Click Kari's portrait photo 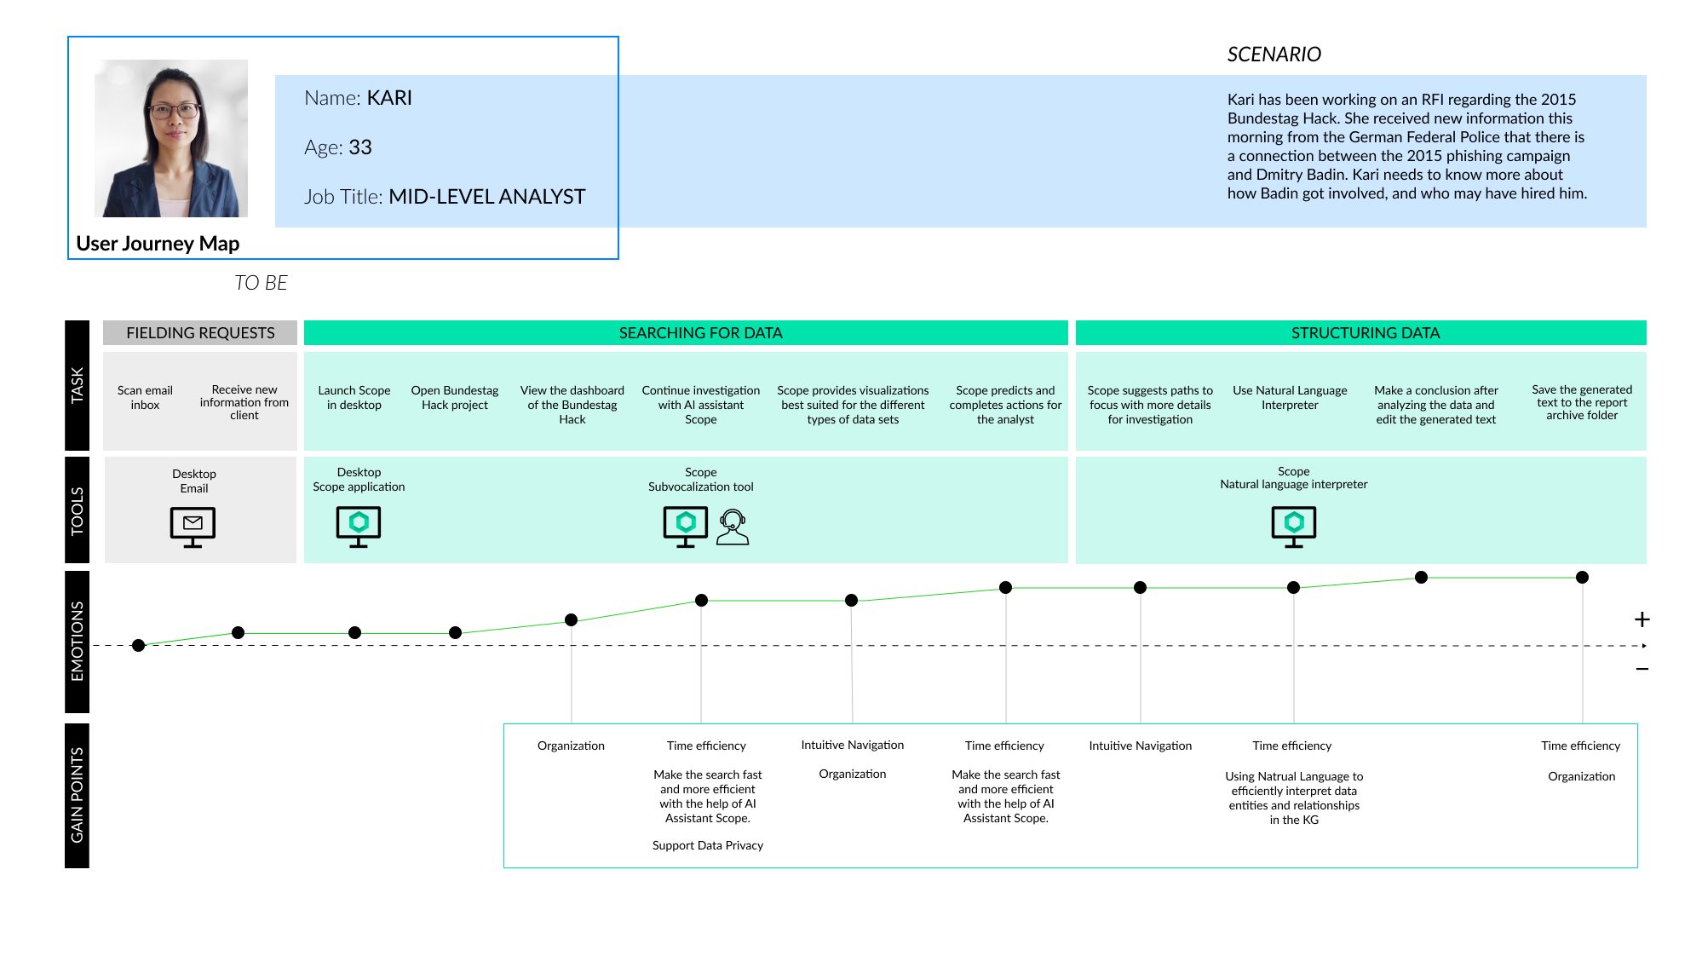coord(171,138)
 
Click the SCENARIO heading coord(1274,55)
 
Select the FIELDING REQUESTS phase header coord(200,333)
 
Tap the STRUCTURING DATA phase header coord(1365,333)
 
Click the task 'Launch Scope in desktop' coord(354,398)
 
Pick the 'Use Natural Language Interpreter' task coord(1290,398)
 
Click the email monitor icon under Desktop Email coord(193,526)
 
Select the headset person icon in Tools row coord(732,527)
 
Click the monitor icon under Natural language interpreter coord(1293,526)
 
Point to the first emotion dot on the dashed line coord(139,645)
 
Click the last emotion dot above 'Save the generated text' coord(1582,578)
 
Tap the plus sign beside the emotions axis coord(1642,619)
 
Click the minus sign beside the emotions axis coord(1642,670)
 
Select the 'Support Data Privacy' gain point coord(707,845)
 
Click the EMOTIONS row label coord(78,641)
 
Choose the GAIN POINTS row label coord(78,795)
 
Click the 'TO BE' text coord(261,283)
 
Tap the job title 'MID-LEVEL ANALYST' coord(486,197)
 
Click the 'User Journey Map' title coord(158,244)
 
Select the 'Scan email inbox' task coord(145,398)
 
